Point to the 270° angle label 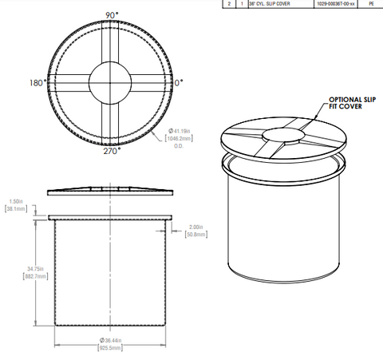tap(111, 150)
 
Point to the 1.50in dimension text tap(15, 201)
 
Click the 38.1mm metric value tap(15, 209)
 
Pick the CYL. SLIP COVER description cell tap(268, 4)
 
